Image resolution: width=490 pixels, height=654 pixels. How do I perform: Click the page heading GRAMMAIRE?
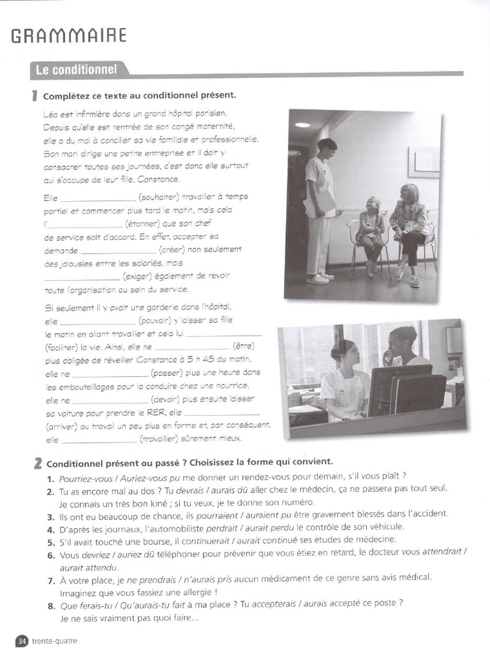(69, 36)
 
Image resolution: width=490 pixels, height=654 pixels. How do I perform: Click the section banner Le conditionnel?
(76, 70)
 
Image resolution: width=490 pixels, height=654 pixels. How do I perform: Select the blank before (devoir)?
(110, 400)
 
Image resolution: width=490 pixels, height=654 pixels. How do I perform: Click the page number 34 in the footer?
(22, 641)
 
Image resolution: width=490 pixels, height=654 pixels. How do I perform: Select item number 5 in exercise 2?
(50, 540)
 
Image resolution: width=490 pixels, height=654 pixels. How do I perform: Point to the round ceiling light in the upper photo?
(302, 125)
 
